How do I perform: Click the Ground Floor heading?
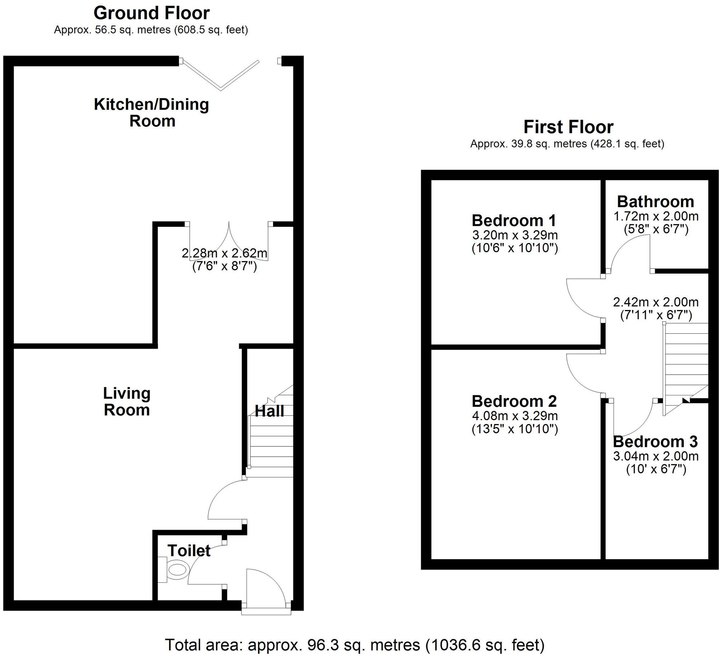151,14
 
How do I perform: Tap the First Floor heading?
568,127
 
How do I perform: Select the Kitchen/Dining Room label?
151,113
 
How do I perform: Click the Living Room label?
127,401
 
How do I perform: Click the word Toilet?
189,551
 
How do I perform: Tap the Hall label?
269,411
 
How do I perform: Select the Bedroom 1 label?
514,220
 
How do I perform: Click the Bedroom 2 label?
514,401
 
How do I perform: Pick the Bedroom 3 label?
655,442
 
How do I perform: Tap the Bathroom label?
655,202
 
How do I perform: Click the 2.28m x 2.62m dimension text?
225,253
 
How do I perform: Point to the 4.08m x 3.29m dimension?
515,416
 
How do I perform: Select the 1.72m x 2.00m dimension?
656,216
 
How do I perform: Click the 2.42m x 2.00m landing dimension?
656,302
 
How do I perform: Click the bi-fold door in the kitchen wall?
220,75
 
